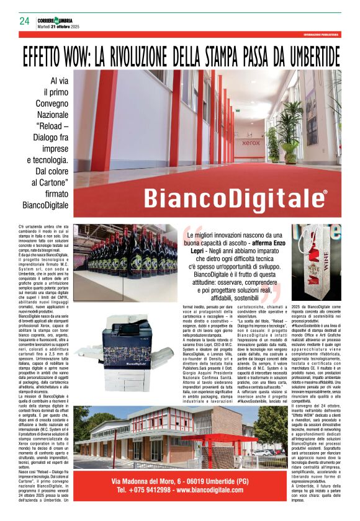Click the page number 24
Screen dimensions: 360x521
pos(24,21)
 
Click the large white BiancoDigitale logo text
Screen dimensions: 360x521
pos(233,198)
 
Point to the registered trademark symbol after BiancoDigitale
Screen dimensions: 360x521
pos(325,192)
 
